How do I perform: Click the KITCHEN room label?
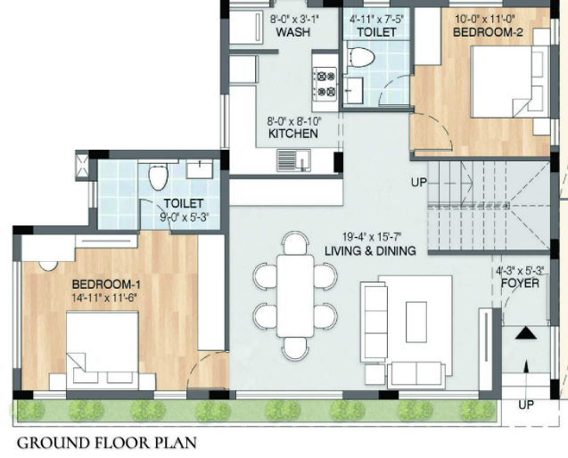tap(292, 134)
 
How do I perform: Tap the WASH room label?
tap(292, 32)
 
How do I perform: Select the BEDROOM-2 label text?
tap(487, 32)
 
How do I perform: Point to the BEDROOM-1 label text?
tap(108, 284)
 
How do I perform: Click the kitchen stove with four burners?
tap(324, 83)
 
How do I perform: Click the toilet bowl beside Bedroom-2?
tap(361, 59)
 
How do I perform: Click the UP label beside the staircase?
tap(418, 182)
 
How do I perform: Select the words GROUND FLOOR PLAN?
tap(106, 442)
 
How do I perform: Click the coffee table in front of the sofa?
tap(417, 317)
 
